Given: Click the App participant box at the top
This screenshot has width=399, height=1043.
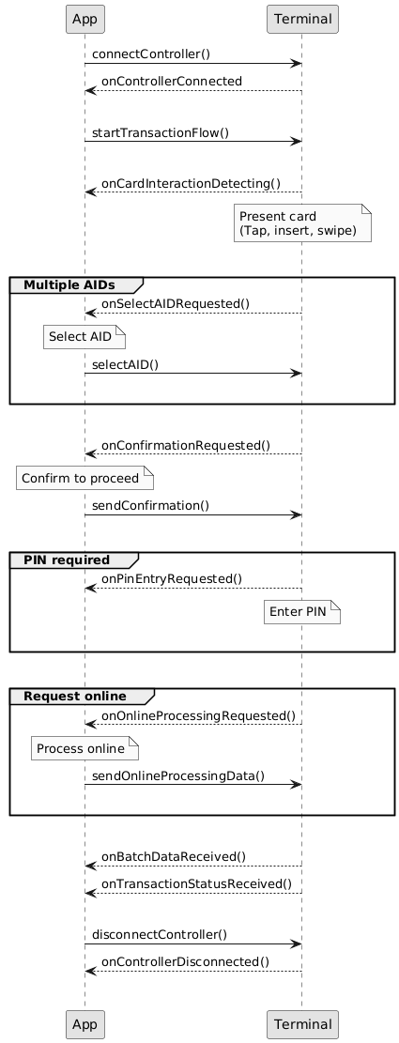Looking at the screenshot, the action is (x=85, y=19).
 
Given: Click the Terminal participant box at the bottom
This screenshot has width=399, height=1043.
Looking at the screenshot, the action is (x=302, y=1023).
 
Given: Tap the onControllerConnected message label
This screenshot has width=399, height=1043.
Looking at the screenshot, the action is (x=172, y=81).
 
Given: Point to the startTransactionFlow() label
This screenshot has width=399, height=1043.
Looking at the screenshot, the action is (x=161, y=132).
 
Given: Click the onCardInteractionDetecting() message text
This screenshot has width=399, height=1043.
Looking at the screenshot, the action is (x=191, y=183).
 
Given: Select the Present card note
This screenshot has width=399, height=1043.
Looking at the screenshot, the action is (x=302, y=223).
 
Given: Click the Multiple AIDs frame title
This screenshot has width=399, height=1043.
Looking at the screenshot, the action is (x=69, y=284).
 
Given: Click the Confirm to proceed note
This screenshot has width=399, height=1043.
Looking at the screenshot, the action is (x=85, y=478).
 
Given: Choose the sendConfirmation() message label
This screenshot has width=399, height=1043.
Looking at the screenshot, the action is (x=150, y=505).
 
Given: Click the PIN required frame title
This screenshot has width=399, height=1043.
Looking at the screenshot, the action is (x=67, y=559).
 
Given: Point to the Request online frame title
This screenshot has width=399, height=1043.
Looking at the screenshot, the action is (x=74, y=696).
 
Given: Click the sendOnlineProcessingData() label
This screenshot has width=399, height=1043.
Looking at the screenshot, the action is (x=178, y=775).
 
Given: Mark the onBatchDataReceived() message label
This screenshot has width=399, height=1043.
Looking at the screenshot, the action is (x=174, y=856).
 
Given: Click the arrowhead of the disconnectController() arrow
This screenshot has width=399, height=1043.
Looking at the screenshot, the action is (x=298, y=943).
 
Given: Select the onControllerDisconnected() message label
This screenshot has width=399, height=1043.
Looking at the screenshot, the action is (x=185, y=961).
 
